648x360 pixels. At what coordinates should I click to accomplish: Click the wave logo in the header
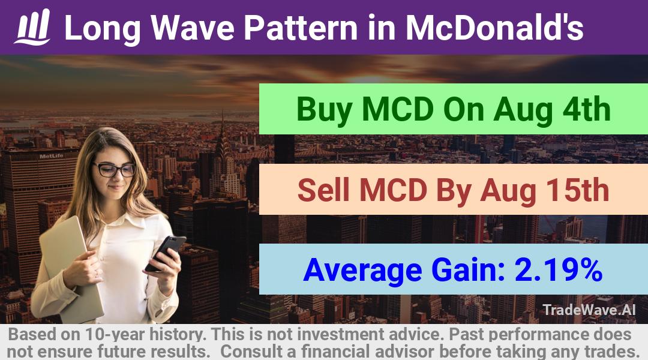coord(32,27)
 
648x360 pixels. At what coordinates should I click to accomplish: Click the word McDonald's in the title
coord(494,28)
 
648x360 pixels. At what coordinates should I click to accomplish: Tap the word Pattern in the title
coord(301,28)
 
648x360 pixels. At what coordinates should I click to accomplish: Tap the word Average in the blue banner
coord(362,271)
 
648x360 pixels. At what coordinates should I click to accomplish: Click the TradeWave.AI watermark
coord(589,310)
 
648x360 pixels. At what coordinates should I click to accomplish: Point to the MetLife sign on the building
coord(51,156)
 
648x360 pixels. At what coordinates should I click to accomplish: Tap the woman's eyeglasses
coord(115,169)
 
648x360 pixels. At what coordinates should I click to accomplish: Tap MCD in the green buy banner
coord(397,109)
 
